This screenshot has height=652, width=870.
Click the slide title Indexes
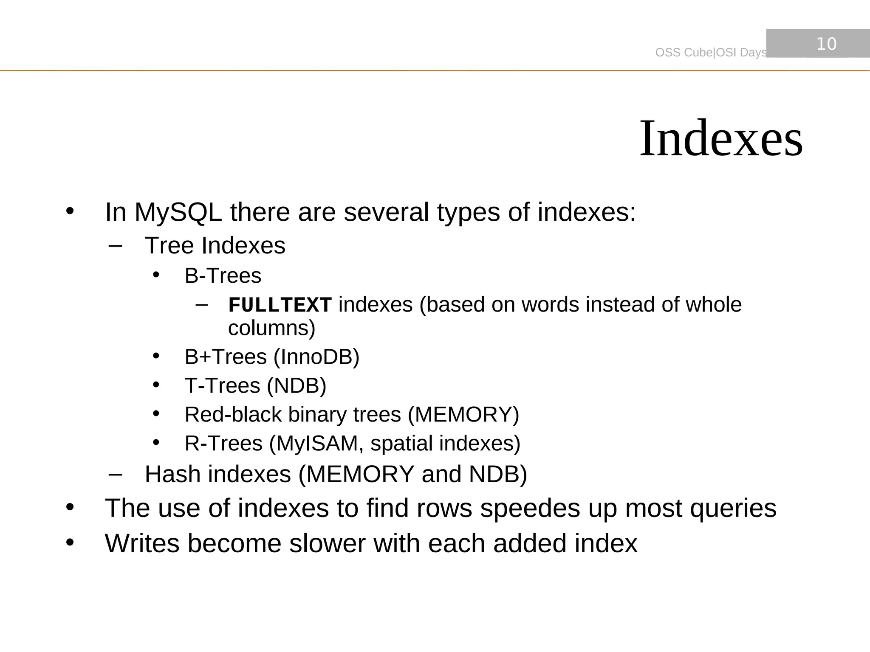pyautogui.click(x=720, y=139)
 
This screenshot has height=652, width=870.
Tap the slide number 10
pyautogui.click(x=826, y=44)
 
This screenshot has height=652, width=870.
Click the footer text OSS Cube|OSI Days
pyautogui.click(x=711, y=53)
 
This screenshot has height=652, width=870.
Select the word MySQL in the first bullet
pyautogui.click(x=178, y=212)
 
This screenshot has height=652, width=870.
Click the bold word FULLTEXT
pyautogui.click(x=280, y=305)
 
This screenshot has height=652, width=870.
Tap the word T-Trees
pyautogui.click(x=222, y=386)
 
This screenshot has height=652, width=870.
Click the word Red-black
pyautogui.click(x=233, y=415)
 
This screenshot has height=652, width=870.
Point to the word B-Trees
pyautogui.click(x=223, y=276)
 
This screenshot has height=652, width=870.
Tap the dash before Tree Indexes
pyautogui.click(x=115, y=246)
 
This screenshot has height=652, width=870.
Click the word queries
pyautogui.click(x=733, y=508)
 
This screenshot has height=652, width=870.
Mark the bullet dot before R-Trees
pyautogui.click(x=156, y=443)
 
